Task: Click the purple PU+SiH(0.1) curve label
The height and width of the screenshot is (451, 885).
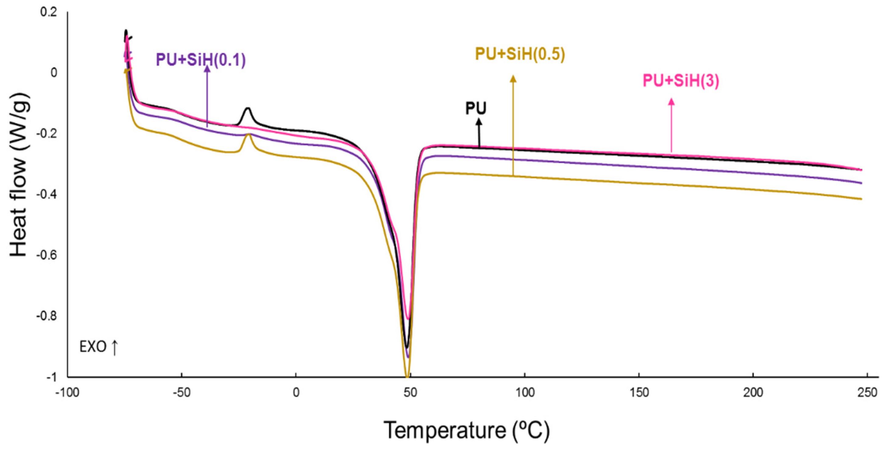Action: click(201, 59)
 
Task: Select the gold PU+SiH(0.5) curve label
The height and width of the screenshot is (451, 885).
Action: click(520, 54)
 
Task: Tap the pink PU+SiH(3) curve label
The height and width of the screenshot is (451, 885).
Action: click(681, 81)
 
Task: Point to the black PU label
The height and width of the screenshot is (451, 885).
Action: click(476, 109)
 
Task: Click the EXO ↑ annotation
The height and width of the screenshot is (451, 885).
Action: click(99, 347)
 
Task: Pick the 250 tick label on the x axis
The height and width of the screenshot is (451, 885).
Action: click(867, 392)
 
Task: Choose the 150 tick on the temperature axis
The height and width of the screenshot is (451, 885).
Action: click(639, 392)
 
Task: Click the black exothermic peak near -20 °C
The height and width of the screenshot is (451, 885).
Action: click(248, 109)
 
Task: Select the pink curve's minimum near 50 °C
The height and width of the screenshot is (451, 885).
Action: click(408, 318)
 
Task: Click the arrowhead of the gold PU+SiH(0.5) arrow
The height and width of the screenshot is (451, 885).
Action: click(513, 79)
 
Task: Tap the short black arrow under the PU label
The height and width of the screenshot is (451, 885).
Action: click(478, 132)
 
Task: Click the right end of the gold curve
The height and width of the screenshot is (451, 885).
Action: click(861, 199)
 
